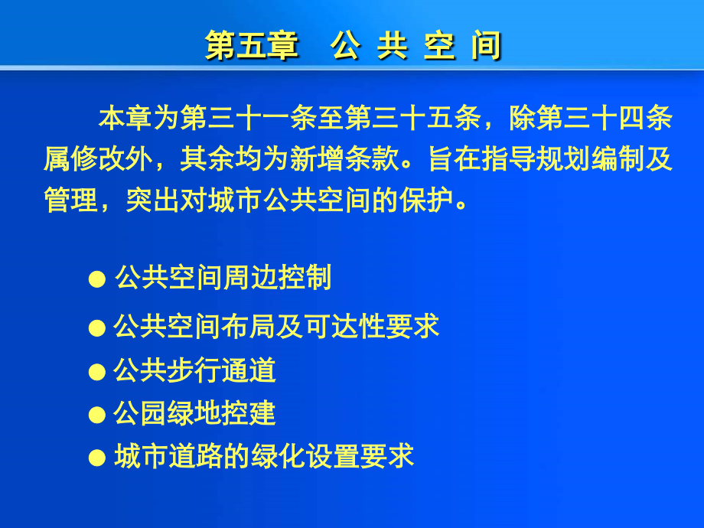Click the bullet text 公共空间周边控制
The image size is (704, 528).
(223, 278)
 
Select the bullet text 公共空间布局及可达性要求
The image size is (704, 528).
(277, 328)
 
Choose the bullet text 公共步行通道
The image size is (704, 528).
(195, 371)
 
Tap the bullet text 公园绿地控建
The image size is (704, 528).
(195, 414)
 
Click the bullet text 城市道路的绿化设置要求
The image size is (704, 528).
(264, 457)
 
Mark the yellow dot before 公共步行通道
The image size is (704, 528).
(96, 373)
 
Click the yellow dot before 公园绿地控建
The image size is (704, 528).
(96, 416)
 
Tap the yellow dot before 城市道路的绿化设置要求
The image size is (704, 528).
(96, 458)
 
